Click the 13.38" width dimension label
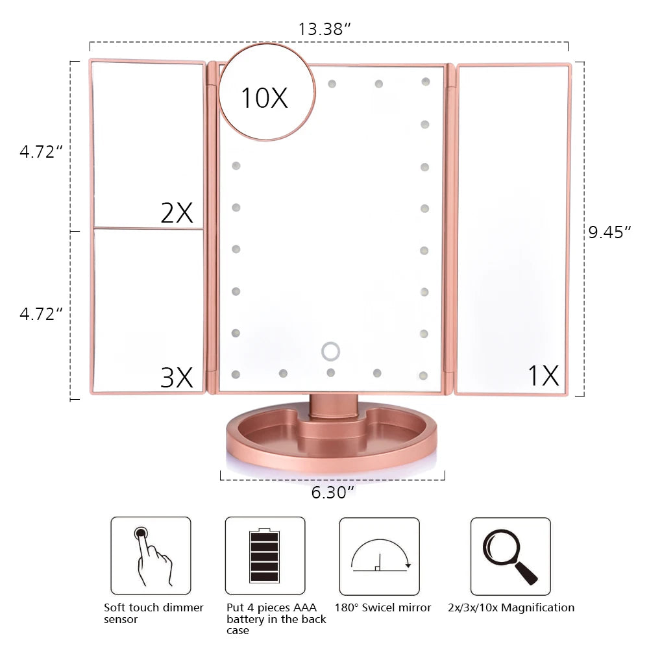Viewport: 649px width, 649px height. coord(324,29)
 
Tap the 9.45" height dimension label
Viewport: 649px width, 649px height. coord(609,232)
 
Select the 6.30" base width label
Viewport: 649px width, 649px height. coord(332,493)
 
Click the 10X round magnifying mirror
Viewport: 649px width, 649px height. coord(264,92)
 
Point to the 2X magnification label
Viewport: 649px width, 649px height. coord(177,212)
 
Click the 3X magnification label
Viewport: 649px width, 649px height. coord(177,377)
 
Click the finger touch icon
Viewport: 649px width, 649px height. coord(151,556)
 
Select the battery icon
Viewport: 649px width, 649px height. coord(264,556)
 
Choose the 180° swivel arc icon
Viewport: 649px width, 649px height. coord(380,556)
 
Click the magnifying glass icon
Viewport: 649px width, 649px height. coord(510,556)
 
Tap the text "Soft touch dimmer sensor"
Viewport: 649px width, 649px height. coord(154,613)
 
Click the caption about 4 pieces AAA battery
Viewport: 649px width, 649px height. coord(276,618)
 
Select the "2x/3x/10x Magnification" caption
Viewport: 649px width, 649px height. coord(511,607)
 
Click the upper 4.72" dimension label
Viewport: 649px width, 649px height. coord(41,152)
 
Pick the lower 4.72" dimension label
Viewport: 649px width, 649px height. coord(41,313)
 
